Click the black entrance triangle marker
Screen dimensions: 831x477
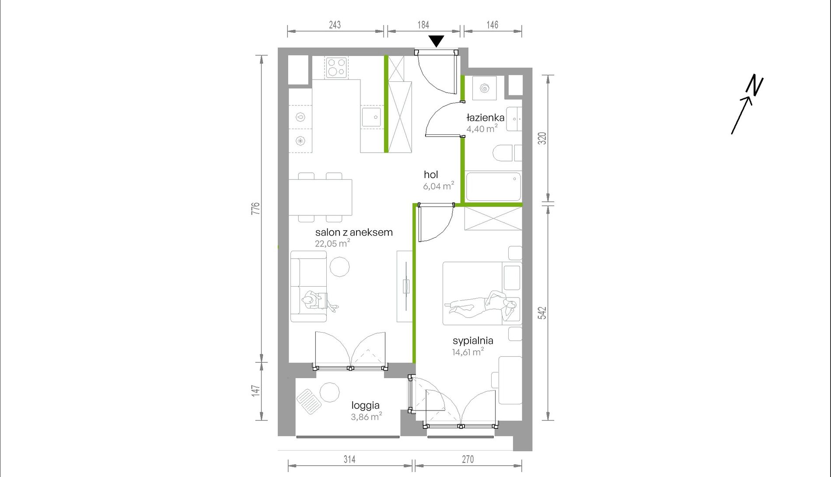[436, 41]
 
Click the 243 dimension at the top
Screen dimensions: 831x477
[335, 25]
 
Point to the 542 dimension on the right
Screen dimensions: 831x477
[542, 312]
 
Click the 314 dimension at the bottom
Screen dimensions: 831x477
[349, 459]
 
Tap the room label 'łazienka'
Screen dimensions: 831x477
[485, 118]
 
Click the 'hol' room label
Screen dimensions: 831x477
[431, 175]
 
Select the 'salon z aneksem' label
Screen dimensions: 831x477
[354, 232]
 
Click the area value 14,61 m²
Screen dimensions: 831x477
[468, 352]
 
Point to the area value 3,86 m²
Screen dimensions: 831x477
[367, 417]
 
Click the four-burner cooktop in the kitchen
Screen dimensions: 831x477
[336, 67]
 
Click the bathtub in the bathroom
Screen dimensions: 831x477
[493, 186]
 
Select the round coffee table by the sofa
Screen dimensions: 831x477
[339, 267]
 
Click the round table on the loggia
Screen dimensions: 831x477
[329, 393]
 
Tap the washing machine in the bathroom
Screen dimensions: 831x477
[484, 88]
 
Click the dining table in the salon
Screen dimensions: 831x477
[320, 197]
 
